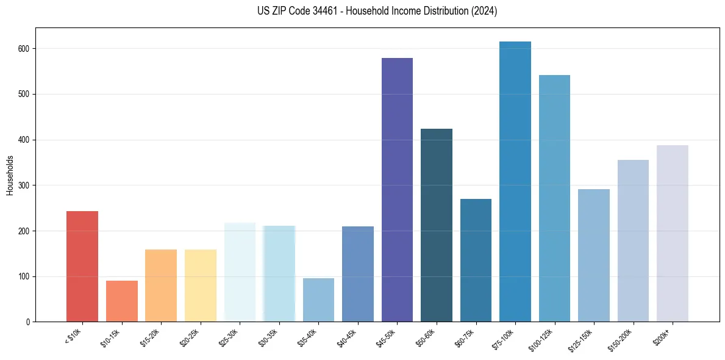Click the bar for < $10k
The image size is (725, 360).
82,266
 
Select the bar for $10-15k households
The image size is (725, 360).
122,301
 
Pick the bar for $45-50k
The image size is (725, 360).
397,190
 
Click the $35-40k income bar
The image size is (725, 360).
318,300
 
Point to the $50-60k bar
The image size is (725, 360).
437,225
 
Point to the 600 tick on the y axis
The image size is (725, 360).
25,49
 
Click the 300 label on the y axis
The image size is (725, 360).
25,185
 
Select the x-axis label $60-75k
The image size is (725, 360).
464,337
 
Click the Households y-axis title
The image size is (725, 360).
10,175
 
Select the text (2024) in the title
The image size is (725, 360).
484,11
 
